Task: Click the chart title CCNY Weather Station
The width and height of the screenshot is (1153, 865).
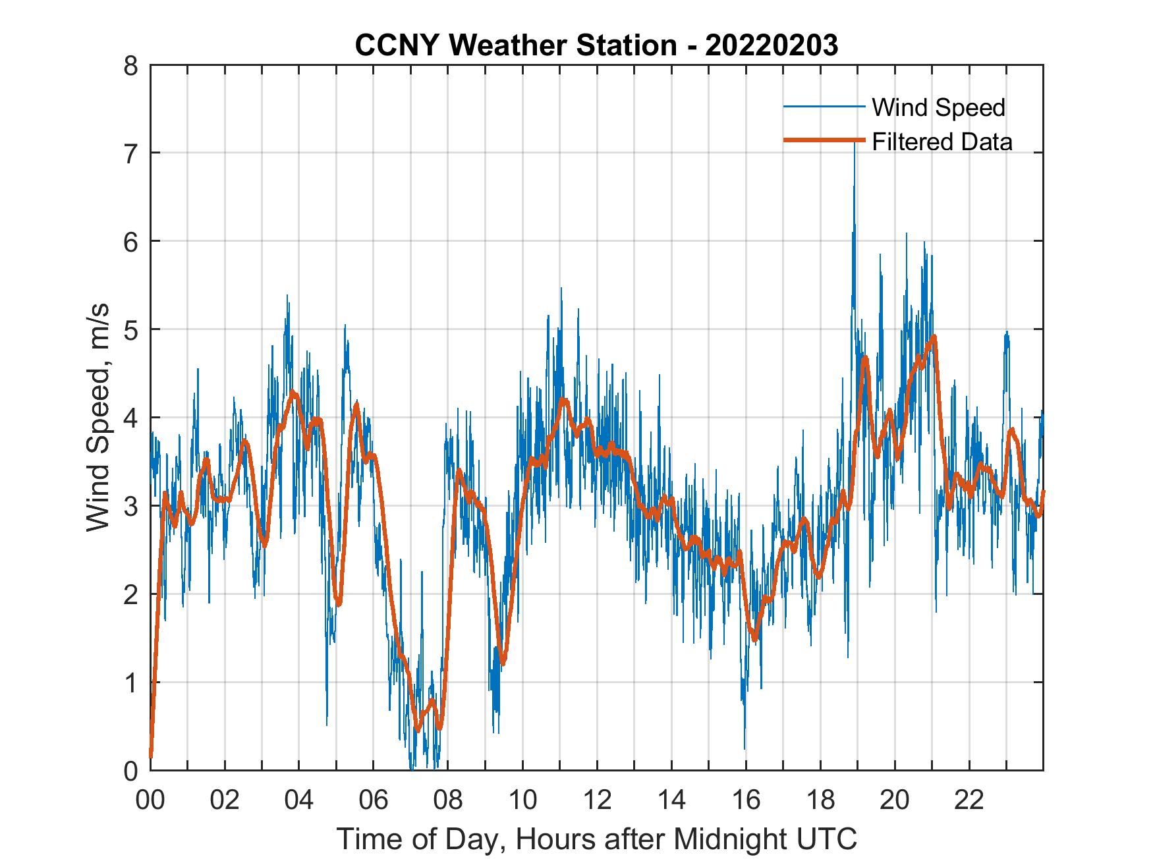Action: tap(596, 45)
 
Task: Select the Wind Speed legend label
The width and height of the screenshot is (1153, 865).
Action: tap(938, 107)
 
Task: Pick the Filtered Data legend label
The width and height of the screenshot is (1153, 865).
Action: tap(942, 142)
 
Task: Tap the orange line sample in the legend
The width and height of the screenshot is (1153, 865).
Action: tap(824, 140)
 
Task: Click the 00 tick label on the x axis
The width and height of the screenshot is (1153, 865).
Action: tap(150, 801)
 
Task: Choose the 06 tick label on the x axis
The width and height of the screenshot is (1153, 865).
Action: tap(374, 801)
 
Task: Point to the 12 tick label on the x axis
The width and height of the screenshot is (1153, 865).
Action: tap(597, 801)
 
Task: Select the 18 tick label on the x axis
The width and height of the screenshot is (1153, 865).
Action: tap(820, 801)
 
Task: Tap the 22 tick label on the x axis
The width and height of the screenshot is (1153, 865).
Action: tap(969, 801)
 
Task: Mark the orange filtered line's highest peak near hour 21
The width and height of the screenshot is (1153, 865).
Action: tap(934, 337)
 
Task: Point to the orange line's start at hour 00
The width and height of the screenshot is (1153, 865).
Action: tap(151, 756)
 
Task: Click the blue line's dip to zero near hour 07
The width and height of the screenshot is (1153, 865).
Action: tap(412, 768)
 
